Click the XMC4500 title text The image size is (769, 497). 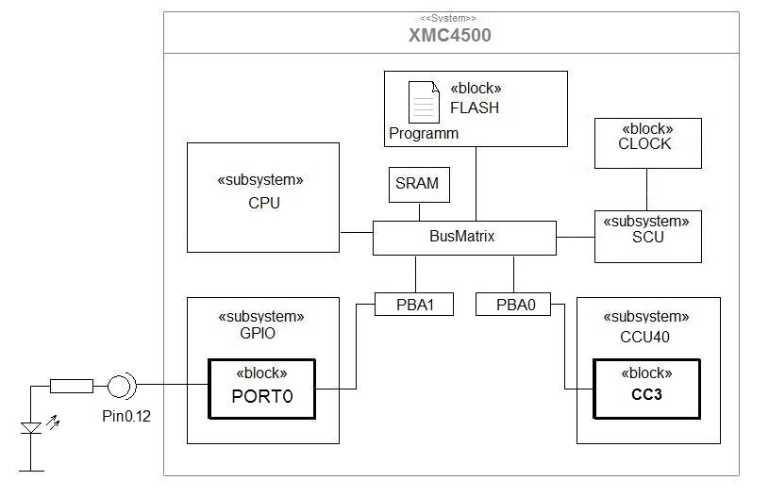(x=450, y=36)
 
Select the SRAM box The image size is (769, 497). (x=419, y=184)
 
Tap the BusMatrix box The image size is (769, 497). (x=463, y=237)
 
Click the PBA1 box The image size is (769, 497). (x=413, y=305)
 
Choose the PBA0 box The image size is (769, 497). (x=512, y=305)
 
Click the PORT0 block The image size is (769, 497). (x=262, y=389)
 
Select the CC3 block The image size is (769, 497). (x=646, y=389)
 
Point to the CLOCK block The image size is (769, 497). (x=646, y=142)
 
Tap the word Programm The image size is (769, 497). (x=424, y=134)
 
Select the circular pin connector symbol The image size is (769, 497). (x=120, y=385)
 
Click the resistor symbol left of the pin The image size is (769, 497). (x=71, y=385)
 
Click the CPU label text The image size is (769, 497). (x=264, y=203)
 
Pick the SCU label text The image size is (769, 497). (x=648, y=238)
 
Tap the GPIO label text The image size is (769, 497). (x=263, y=332)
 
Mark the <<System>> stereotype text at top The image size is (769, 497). (x=449, y=18)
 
